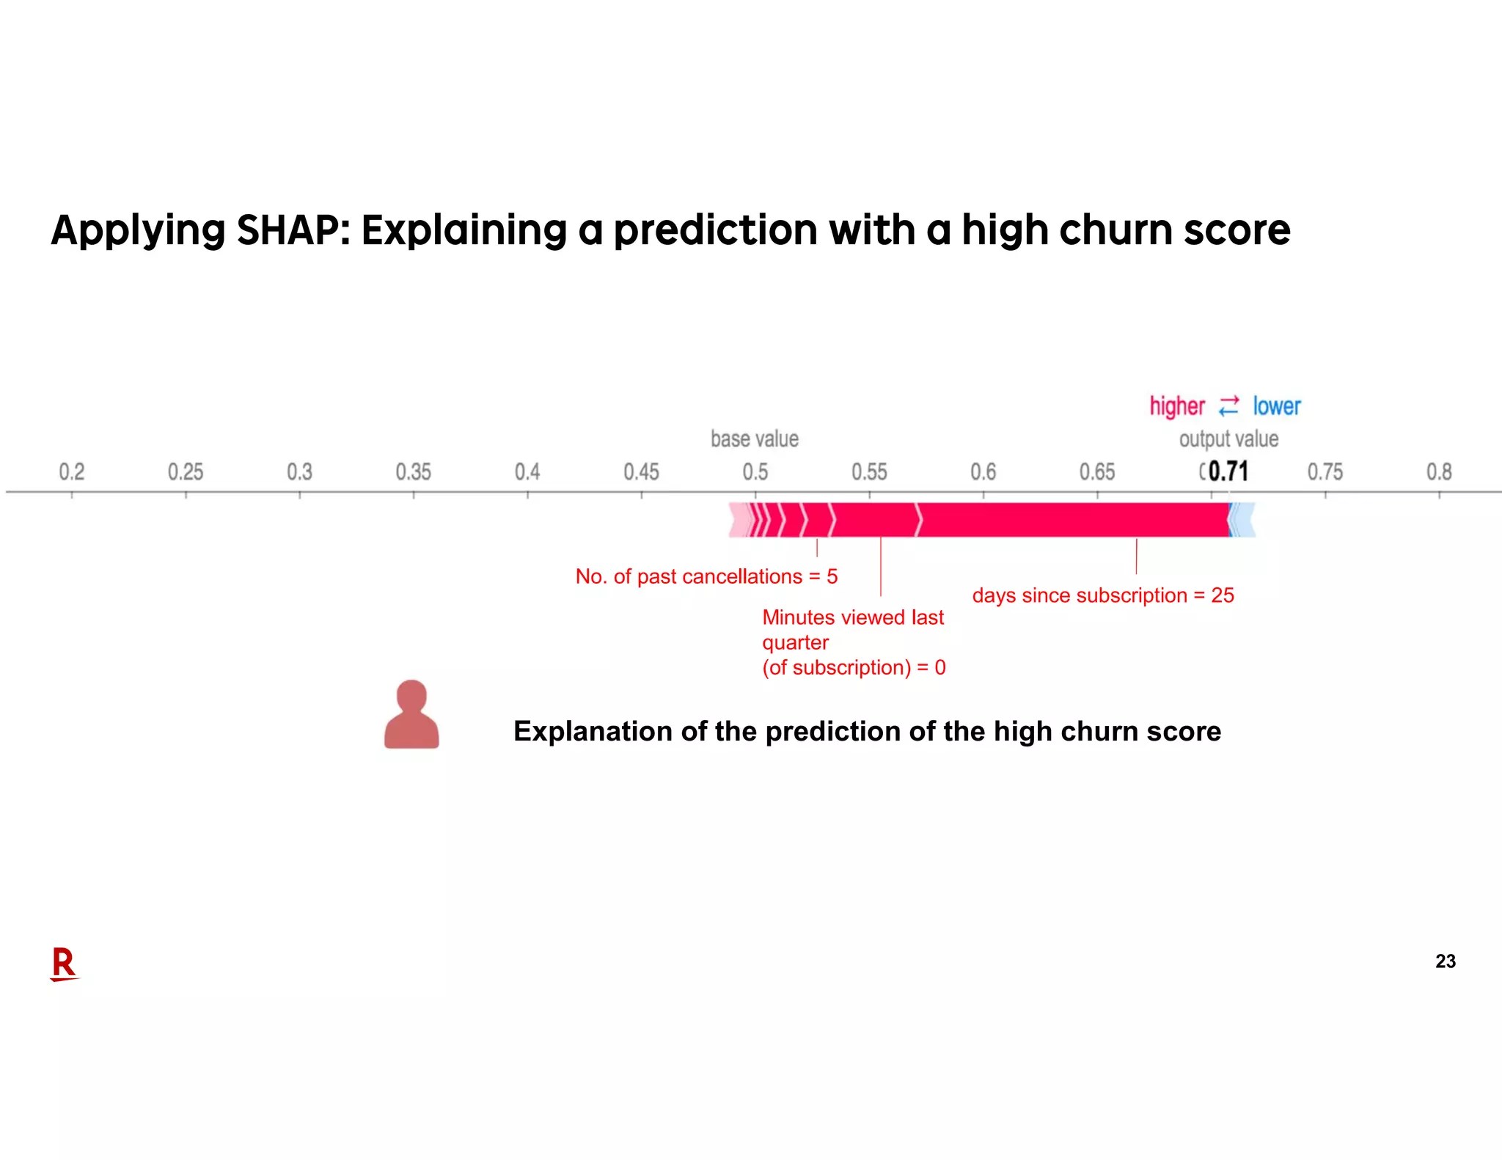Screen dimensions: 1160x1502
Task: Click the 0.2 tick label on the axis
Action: tap(71, 471)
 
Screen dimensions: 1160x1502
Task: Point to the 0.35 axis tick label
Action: tap(413, 471)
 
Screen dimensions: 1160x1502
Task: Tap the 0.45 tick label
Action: tap(641, 471)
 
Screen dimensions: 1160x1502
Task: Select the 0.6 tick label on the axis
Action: tap(983, 471)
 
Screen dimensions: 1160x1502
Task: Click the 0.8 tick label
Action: tap(1438, 471)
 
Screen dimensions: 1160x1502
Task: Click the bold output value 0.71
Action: tap(1228, 471)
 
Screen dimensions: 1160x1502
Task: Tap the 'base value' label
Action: tap(754, 439)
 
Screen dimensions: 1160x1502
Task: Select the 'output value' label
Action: tap(1228, 439)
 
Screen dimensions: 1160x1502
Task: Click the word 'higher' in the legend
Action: tap(1176, 406)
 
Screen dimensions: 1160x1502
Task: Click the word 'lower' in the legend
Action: tap(1276, 406)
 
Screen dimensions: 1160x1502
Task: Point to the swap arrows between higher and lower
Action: tap(1228, 406)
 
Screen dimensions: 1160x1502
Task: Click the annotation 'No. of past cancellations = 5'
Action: tap(706, 576)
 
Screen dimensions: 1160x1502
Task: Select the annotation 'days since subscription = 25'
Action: tap(1102, 595)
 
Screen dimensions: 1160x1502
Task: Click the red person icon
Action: tap(411, 715)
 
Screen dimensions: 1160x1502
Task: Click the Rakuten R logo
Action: tap(64, 963)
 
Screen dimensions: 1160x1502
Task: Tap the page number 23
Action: tap(1445, 961)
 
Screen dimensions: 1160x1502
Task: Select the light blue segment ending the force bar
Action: tap(1243, 520)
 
